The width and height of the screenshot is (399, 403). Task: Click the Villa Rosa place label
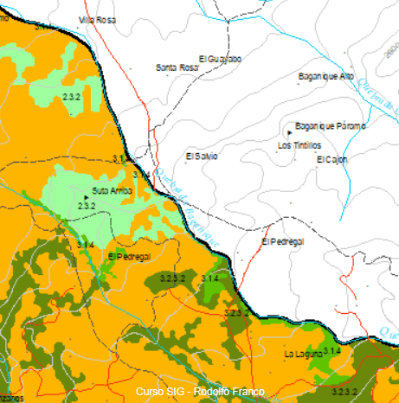[x=97, y=19]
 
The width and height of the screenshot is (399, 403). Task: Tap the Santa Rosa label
[x=177, y=67]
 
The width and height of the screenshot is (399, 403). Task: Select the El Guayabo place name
[x=220, y=59]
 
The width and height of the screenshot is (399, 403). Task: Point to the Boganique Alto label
[x=326, y=76]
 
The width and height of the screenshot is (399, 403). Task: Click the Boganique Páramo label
[x=331, y=125]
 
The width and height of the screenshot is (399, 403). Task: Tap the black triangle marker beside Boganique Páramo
[x=288, y=131]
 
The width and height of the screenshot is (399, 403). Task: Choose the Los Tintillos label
[x=299, y=145]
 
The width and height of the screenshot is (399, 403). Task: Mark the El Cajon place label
[x=331, y=159]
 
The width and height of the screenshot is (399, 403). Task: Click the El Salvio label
[x=202, y=156]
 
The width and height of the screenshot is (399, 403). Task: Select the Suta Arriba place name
[x=112, y=190]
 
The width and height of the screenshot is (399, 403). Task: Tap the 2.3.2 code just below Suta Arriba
[x=86, y=206]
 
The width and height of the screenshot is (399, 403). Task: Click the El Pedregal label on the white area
[x=283, y=241]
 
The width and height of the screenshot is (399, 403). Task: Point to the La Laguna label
[x=303, y=354]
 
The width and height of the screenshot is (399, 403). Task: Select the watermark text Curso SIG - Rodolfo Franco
[x=199, y=391]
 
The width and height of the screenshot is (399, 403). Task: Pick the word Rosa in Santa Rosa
[x=189, y=67]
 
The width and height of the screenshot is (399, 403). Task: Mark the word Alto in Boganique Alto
[x=346, y=76]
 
